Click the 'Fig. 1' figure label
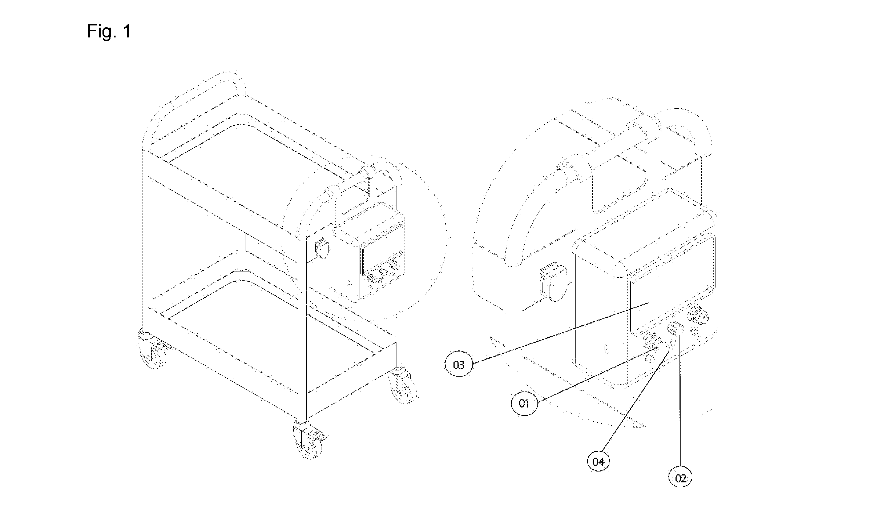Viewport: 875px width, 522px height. pyautogui.click(x=109, y=32)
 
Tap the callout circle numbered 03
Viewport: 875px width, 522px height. pyautogui.click(x=459, y=365)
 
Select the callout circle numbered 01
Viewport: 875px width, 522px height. pyautogui.click(x=524, y=403)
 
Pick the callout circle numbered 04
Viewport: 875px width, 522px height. pyautogui.click(x=598, y=462)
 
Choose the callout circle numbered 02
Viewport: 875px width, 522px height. pyautogui.click(x=681, y=478)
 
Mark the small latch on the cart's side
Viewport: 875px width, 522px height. pyautogui.click(x=323, y=248)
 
